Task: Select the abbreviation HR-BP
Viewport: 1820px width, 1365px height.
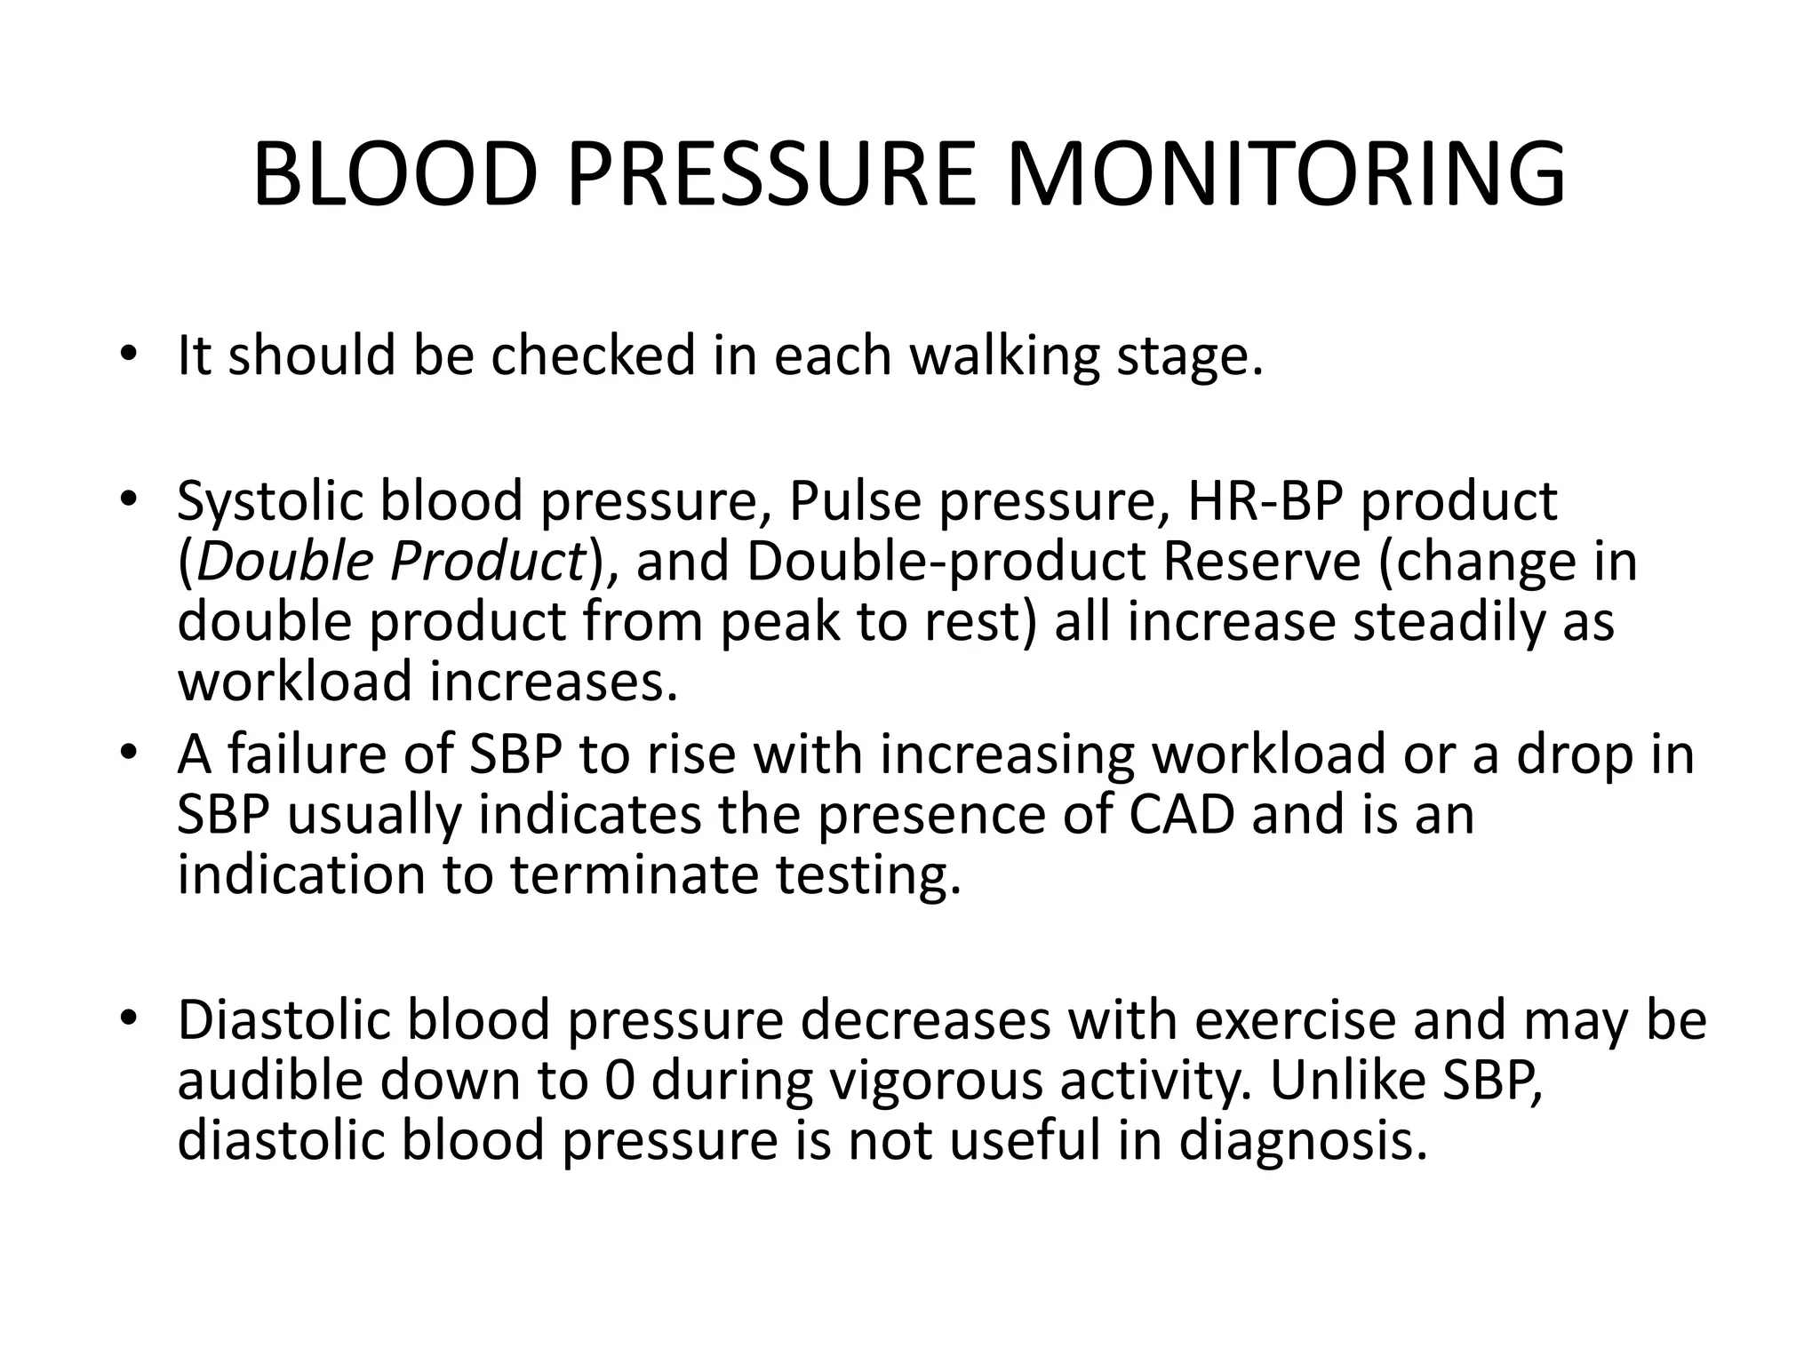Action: tap(1265, 501)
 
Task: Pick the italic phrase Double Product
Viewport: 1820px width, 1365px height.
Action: tap(389, 563)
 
